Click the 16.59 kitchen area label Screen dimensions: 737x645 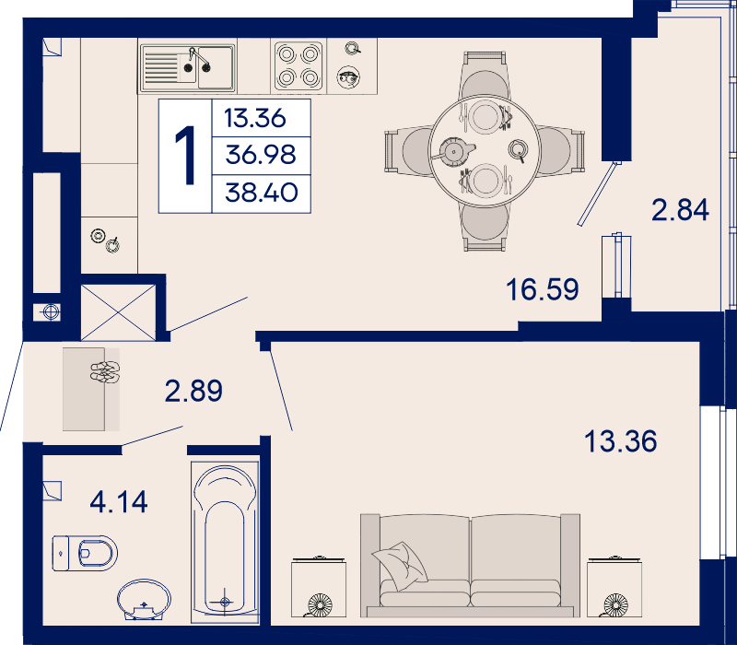point(543,289)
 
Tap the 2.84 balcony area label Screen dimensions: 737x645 point(680,210)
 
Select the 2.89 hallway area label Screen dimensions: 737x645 point(193,391)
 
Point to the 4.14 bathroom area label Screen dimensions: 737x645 point(119,501)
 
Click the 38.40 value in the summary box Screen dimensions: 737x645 point(262,193)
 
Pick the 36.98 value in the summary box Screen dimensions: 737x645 point(261,154)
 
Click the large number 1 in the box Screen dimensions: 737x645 point(186,156)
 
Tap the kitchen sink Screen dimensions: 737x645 point(188,67)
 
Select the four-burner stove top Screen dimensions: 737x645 point(298,65)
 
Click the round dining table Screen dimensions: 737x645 point(485,150)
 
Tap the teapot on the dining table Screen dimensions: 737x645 point(454,151)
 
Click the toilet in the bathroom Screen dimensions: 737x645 point(85,553)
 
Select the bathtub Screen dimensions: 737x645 point(225,542)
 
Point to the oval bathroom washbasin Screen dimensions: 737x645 point(144,600)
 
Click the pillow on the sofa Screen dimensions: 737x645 point(400,566)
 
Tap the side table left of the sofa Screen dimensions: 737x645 point(318,587)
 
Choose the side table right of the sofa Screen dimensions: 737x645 point(614,587)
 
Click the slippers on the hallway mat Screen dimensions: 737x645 point(105,371)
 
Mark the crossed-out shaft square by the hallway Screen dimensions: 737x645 point(118,312)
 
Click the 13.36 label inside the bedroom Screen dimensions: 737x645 point(620,441)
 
